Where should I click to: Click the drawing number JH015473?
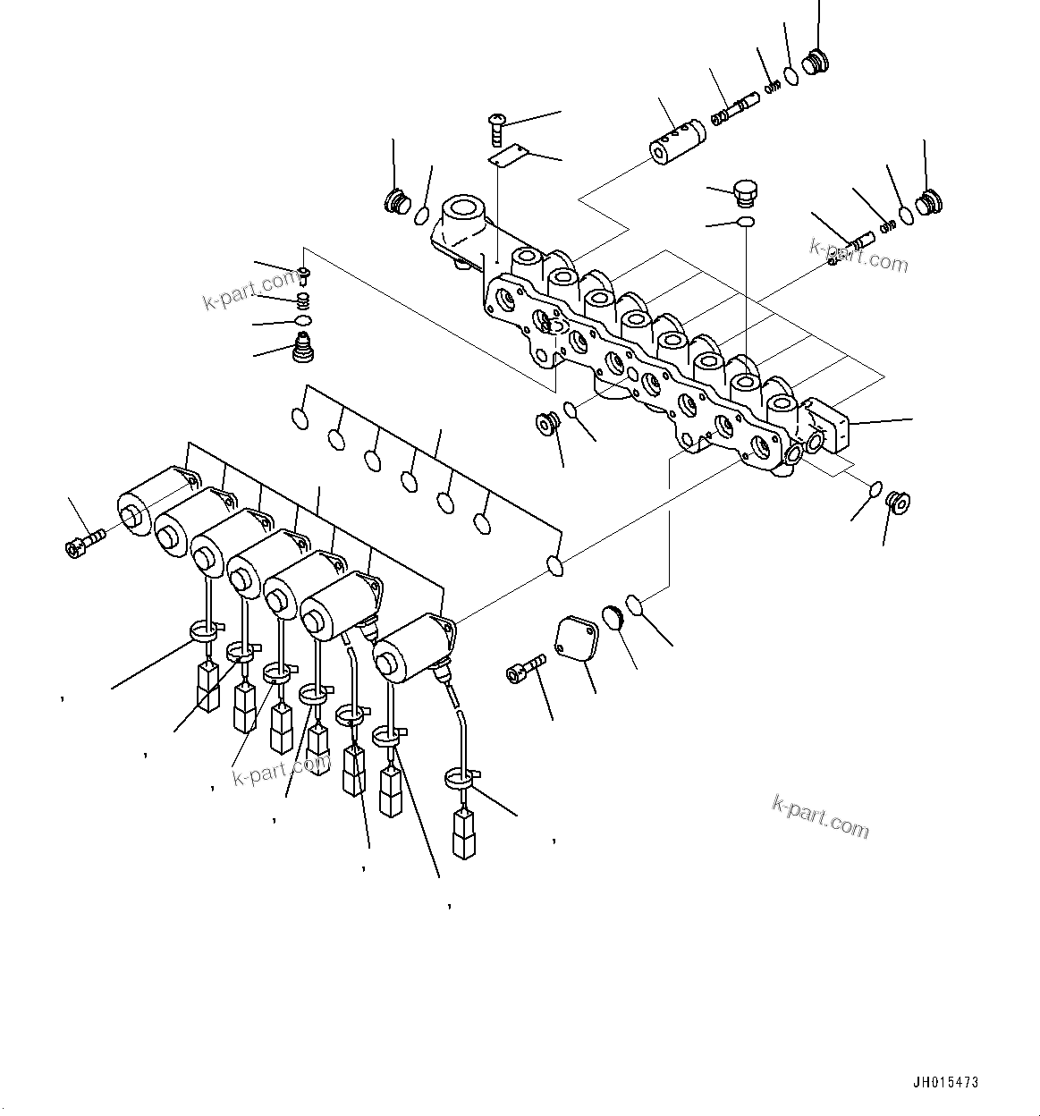point(945,1082)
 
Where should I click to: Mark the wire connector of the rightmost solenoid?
point(464,833)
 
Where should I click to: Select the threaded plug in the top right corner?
point(816,63)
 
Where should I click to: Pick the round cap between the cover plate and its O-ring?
point(614,617)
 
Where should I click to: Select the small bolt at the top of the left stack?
point(305,272)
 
